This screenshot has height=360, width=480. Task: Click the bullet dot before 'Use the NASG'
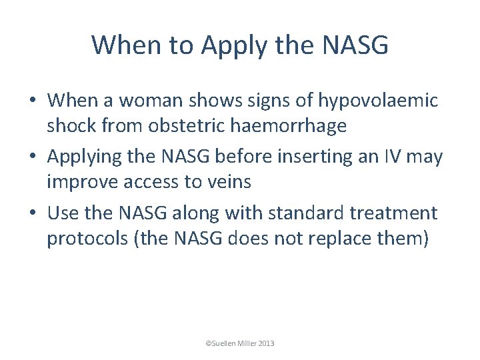click(33, 213)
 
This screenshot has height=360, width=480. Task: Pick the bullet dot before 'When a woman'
click(33, 100)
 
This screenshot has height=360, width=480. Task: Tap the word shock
click(71, 126)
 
